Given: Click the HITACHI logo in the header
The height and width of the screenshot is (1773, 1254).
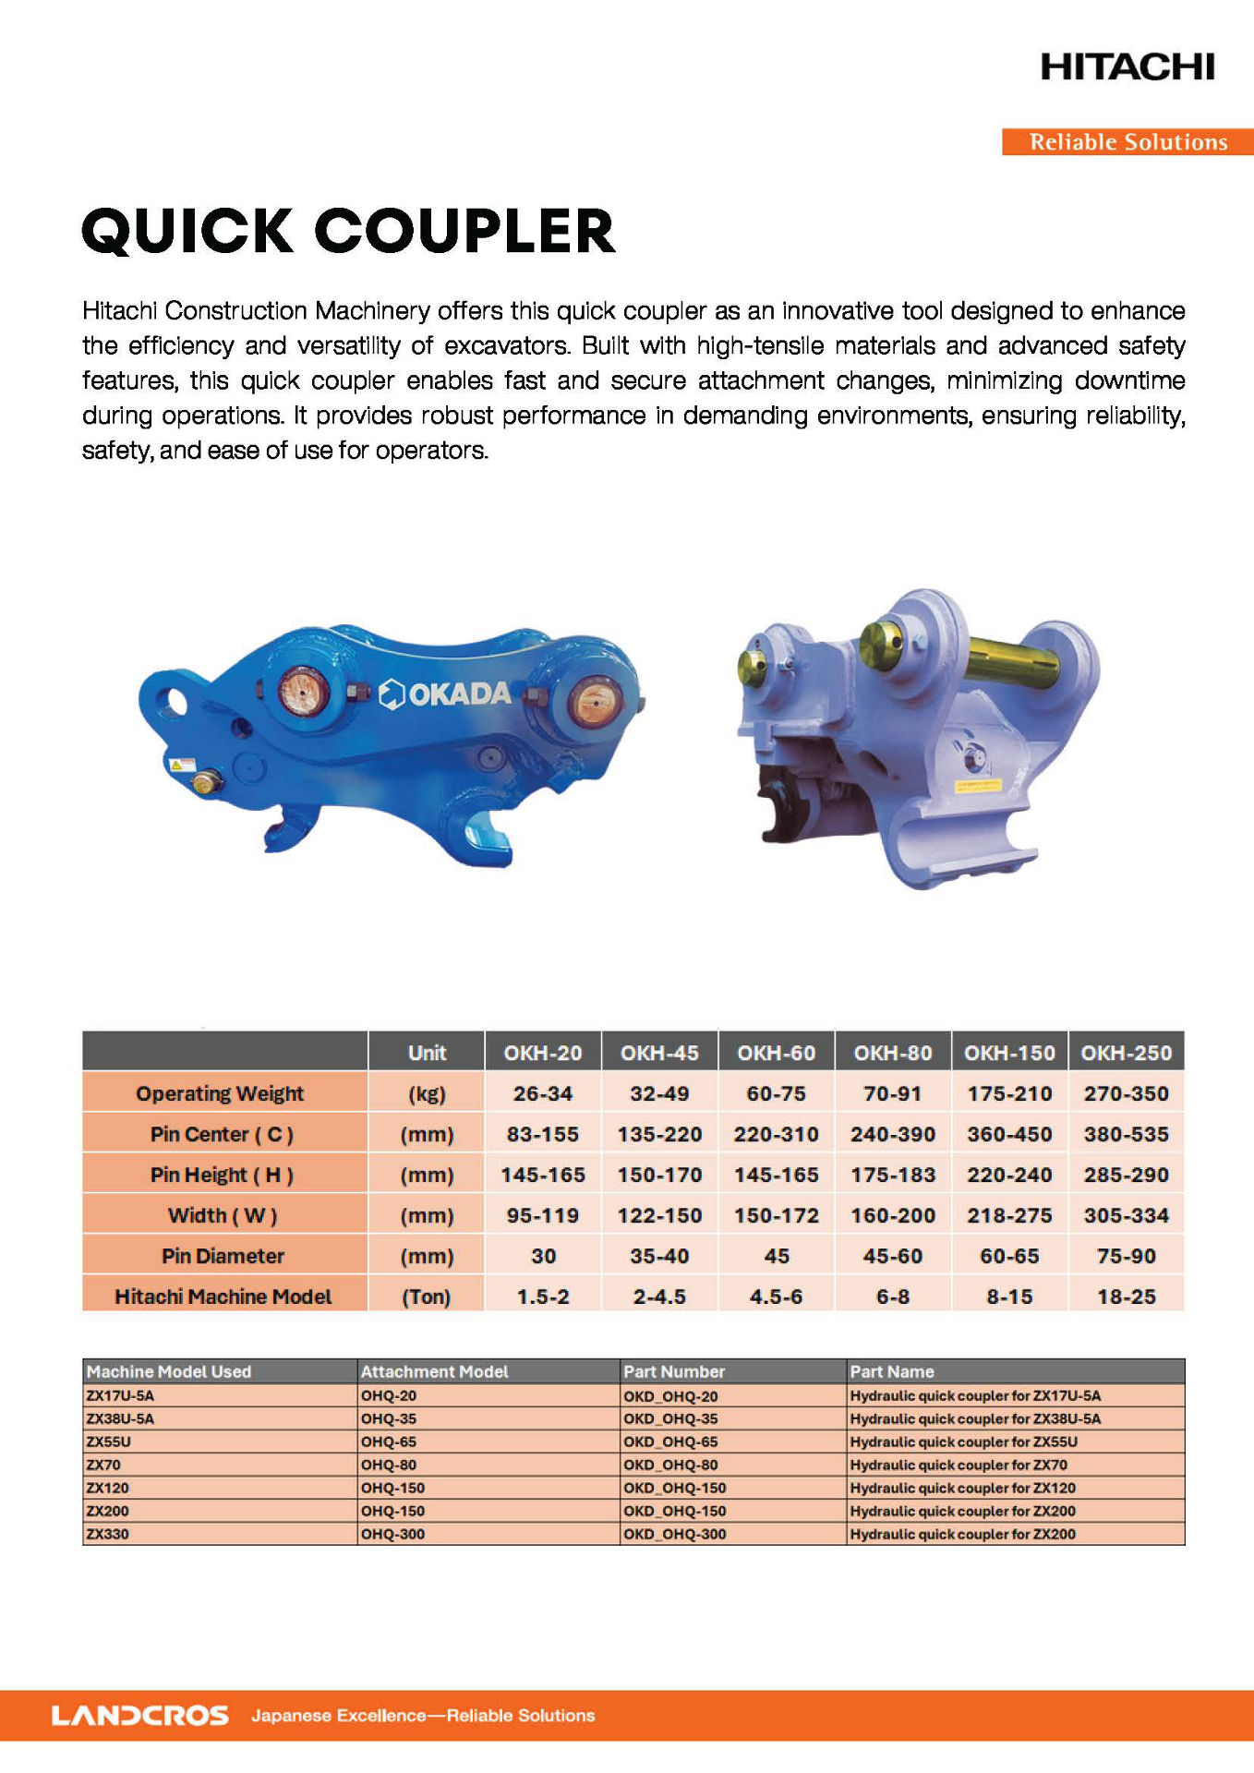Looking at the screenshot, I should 1127,66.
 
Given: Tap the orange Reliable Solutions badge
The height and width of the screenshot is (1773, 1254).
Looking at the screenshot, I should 1127,142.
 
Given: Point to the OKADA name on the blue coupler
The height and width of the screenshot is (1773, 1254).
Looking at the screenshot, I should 458,694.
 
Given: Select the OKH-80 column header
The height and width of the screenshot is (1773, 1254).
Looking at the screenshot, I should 892,1053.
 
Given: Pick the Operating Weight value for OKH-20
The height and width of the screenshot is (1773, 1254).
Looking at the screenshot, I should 543,1093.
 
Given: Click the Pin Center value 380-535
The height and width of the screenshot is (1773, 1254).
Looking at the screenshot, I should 1126,1134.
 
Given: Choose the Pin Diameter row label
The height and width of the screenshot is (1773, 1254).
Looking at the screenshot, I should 223,1256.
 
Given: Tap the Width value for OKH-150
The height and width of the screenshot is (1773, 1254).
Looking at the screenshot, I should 1009,1215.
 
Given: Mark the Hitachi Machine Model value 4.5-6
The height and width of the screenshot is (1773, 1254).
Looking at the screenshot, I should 776,1297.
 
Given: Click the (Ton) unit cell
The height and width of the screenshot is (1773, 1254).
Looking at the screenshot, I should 426,1297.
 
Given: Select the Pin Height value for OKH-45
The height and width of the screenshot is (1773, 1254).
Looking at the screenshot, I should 659,1175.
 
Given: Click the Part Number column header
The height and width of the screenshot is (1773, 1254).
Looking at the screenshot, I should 674,1371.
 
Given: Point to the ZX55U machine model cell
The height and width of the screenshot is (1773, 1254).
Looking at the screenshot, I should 109,1441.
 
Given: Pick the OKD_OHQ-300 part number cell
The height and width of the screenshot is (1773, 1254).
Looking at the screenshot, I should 675,1534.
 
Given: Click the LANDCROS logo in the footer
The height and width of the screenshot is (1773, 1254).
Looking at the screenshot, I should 139,1716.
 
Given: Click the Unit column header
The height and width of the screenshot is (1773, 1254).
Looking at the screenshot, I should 427,1053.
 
